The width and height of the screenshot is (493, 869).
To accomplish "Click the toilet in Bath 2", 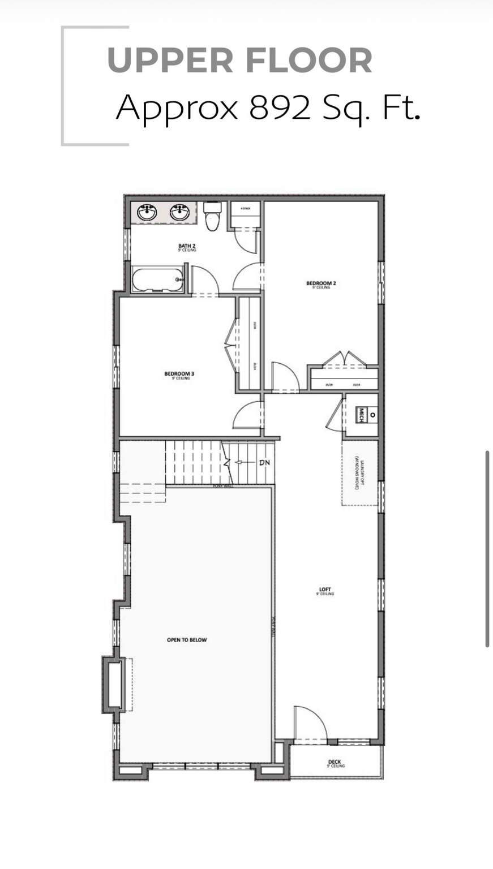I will (212, 217).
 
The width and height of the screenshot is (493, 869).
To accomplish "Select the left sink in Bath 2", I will (147, 213).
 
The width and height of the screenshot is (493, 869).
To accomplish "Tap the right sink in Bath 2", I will (180, 213).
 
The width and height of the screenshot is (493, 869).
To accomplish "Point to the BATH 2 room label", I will (187, 247).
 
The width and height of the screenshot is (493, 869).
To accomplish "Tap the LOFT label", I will (325, 591).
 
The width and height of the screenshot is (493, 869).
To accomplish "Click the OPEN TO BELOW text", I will (187, 640).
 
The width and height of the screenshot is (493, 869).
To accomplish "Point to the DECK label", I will (335, 763).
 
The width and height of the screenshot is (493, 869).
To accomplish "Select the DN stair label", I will (264, 463).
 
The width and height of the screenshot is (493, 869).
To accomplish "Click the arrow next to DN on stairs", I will (243, 463).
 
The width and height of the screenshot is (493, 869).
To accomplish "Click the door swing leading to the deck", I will (310, 723).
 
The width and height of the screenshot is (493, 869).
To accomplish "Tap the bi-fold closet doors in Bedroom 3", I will (232, 343).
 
